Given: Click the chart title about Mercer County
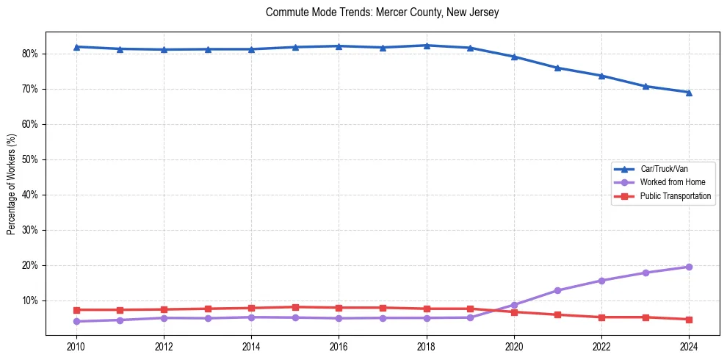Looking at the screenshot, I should coord(383,12).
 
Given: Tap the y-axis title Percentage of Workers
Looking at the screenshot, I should coord(12,184).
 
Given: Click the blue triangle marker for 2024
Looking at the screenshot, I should coord(689,93).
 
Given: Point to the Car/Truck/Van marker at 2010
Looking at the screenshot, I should coord(76,47).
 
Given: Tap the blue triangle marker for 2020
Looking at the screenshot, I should coord(514,57).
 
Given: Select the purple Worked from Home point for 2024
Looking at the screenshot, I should coord(689,267).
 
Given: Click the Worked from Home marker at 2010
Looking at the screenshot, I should coord(76,321).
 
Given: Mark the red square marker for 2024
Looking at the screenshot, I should coord(689,320).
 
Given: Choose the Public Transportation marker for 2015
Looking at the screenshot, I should coord(295,307).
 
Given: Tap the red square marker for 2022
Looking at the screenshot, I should coord(601,317).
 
